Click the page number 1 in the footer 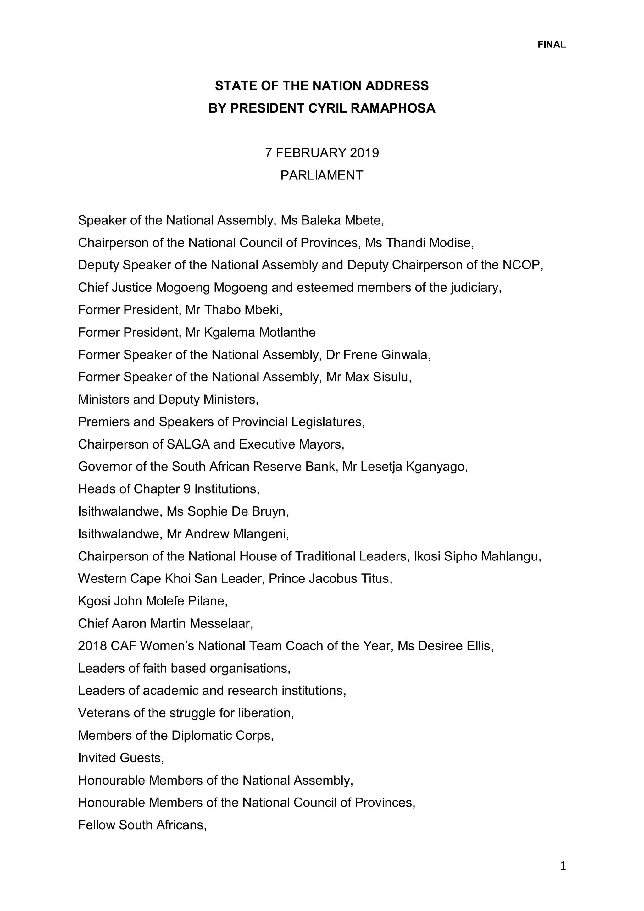pos(563,865)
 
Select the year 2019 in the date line pos(364,153)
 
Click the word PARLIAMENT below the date pos(321,175)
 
